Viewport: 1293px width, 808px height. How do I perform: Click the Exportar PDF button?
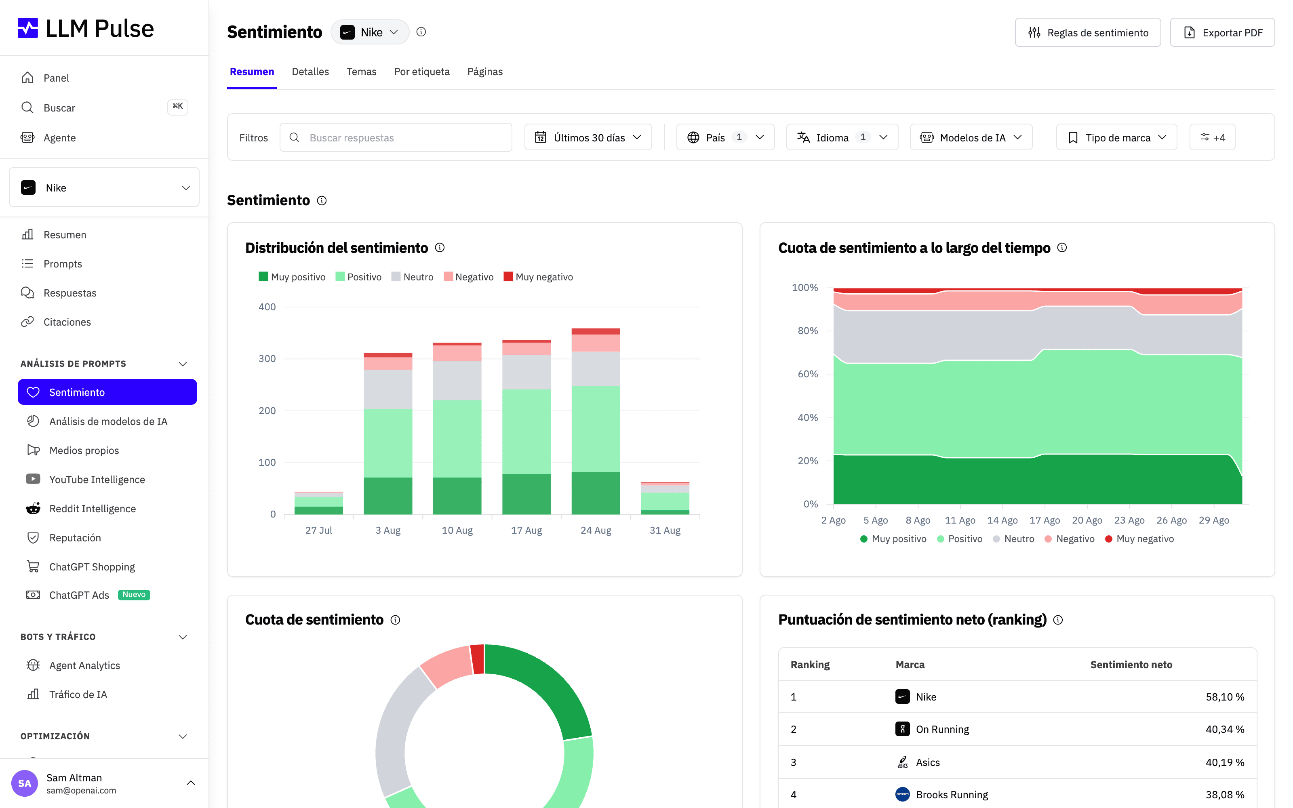tap(1222, 33)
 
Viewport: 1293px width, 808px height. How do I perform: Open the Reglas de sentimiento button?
tap(1088, 33)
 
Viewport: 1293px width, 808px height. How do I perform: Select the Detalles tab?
tap(310, 72)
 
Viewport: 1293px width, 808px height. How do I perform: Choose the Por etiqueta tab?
tap(421, 72)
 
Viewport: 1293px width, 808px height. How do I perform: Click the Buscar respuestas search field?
tap(396, 137)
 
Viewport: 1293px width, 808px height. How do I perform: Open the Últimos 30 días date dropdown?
tap(588, 137)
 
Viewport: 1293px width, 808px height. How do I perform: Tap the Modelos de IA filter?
tap(971, 137)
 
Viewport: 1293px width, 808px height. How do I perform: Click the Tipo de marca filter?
tap(1116, 137)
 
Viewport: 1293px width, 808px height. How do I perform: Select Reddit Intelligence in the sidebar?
tap(93, 508)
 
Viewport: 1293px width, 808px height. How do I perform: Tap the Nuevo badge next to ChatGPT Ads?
tap(134, 595)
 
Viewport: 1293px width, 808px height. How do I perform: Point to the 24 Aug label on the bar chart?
tap(596, 530)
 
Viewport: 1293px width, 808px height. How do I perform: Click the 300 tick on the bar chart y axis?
tap(267, 359)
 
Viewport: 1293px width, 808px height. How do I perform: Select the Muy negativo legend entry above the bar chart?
tap(539, 277)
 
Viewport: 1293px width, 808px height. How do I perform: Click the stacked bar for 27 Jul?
tap(318, 503)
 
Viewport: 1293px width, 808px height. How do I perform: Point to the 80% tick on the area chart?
tap(808, 331)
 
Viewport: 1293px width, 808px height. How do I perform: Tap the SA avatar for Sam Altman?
tap(25, 783)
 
